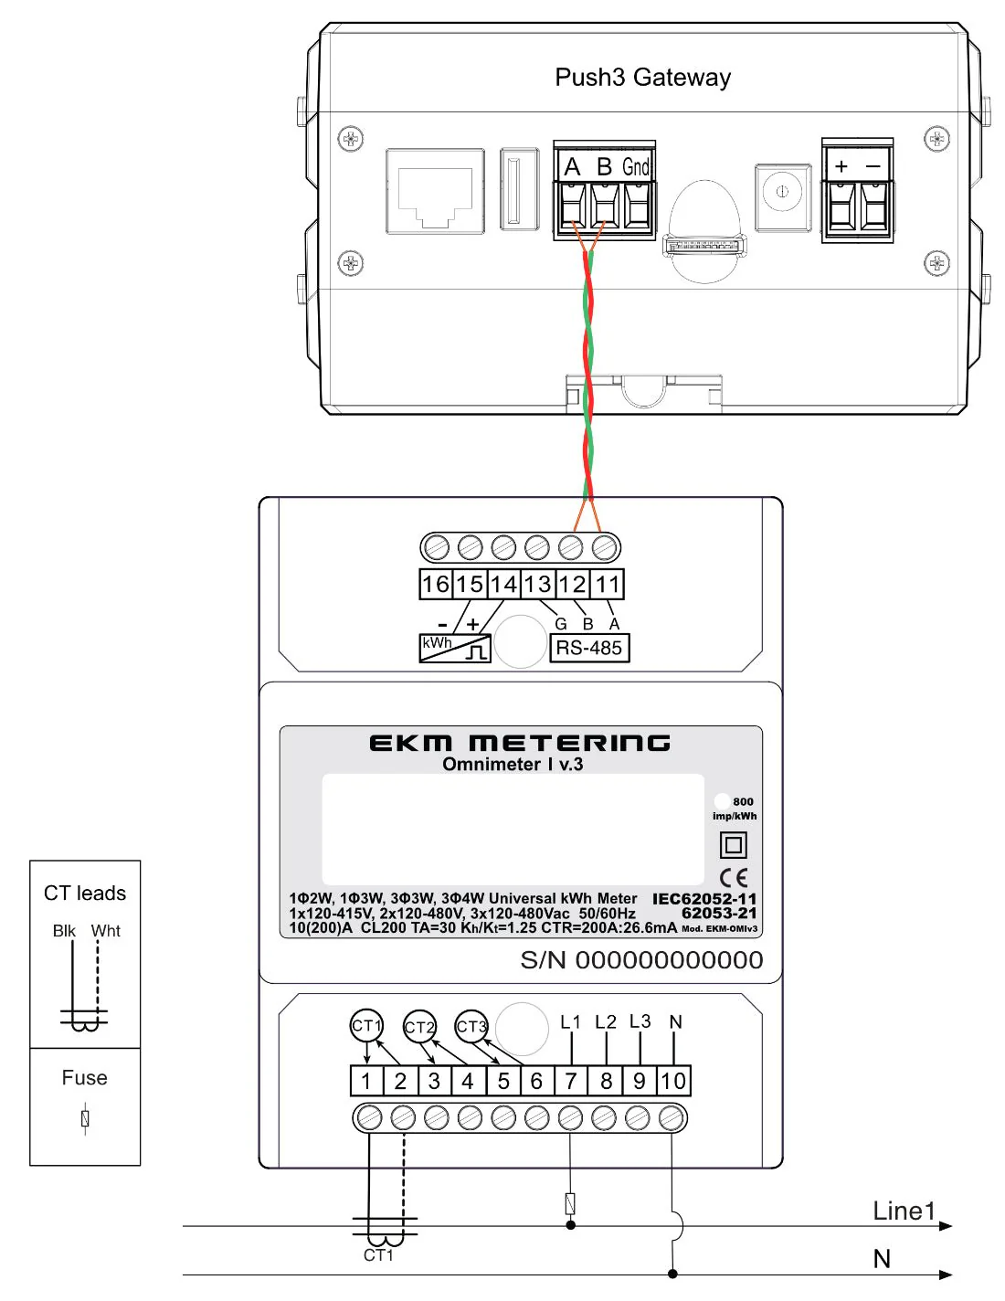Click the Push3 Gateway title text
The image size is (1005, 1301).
tap(642, 78)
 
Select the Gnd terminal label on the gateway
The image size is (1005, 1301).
tap(636, 167)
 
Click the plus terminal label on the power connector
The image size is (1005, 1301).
tap(841, 166)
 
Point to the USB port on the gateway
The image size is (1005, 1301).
tap(514, 189)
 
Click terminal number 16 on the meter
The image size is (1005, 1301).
tap(436, 585)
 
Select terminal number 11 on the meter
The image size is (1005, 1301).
tap(608, 585)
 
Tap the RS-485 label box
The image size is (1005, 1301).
tap(589, 648)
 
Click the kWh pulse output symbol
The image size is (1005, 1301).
tap(455, 648)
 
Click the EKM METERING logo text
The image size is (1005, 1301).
tap(519, 743)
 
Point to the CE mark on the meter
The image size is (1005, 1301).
tap(733, 878)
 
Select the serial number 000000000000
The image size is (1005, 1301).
tap(669, 960)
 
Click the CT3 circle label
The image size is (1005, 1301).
tap(471, 1026)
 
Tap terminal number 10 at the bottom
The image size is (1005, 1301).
tap(673, 1082)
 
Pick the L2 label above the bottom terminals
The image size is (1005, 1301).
tap(606, 1021)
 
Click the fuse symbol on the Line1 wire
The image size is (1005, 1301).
tap(570, 1204)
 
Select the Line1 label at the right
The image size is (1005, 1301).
tap(904, 1211)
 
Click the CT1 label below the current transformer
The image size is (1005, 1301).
tap(378, 1255)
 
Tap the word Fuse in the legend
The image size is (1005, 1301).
tap(84, 1078)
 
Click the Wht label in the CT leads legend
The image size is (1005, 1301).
tap(106, 931)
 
